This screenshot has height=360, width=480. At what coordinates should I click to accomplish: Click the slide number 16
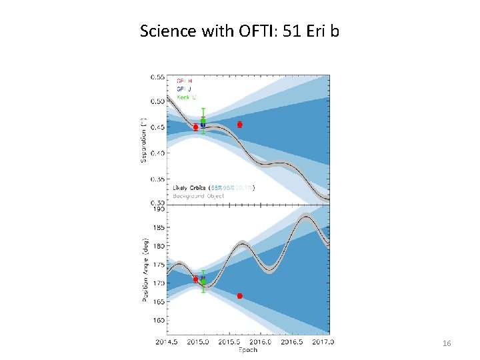(x=447, y=343)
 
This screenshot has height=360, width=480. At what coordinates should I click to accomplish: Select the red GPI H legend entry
(x=185, y=81)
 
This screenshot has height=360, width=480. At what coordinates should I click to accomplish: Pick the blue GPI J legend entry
(x=185, y=89)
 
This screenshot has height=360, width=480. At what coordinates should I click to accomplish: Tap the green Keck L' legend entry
(x=187, y=97)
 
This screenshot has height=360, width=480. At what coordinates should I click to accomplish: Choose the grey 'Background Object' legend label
(x=196, y=195)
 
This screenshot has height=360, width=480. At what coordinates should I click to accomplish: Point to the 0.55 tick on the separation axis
(x=157, y=76)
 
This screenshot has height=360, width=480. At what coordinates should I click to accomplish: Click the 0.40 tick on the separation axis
(x=157, y=153)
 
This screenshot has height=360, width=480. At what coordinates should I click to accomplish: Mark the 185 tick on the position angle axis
(x=158, y=227)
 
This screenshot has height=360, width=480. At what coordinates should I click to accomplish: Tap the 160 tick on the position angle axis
(x=158, y=320)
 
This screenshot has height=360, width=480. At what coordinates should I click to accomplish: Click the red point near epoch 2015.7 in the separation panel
(x=239, y=125)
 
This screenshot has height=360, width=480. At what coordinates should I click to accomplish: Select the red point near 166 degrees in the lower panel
(x=239, y=295)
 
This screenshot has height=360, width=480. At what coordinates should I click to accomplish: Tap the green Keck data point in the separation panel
(x=203, y=121)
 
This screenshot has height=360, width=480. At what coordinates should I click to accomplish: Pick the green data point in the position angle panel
(x=203, y=281)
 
